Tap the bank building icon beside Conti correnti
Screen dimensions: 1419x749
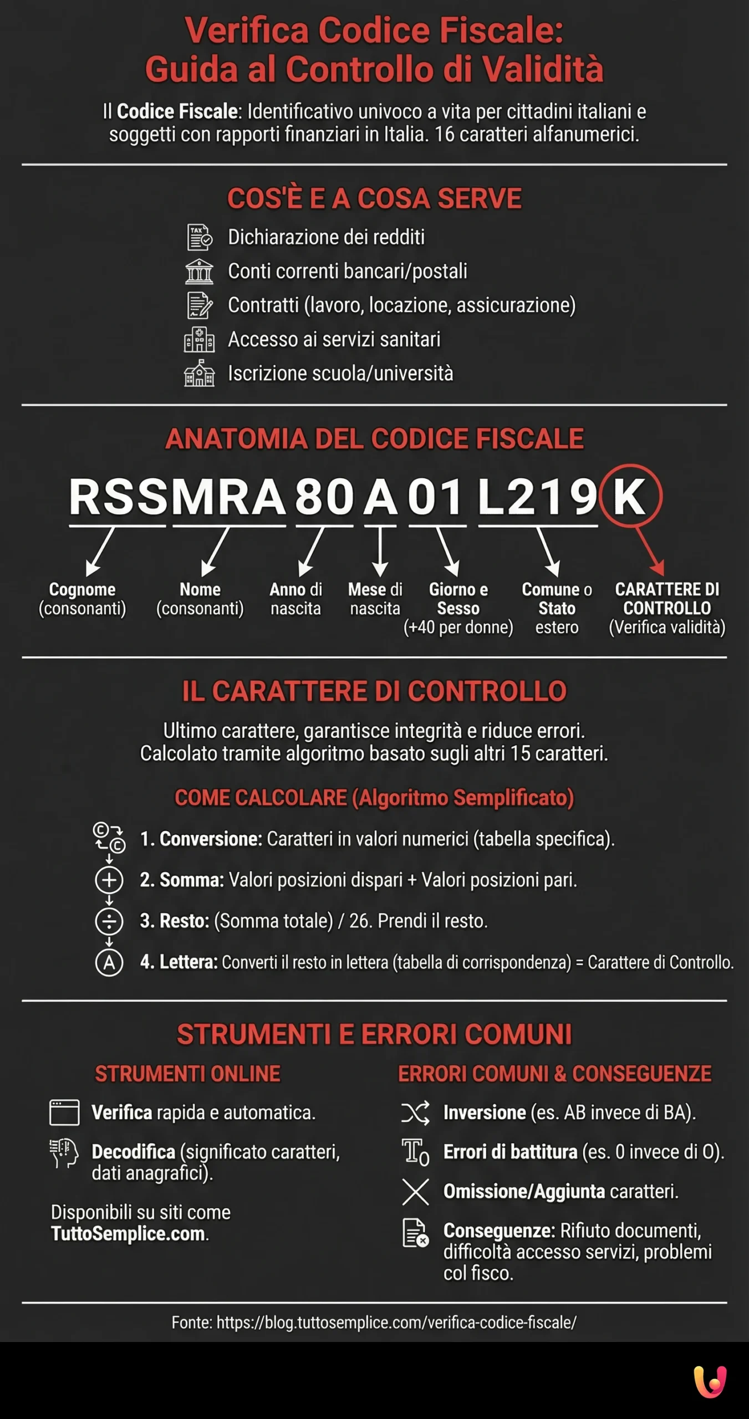pyautogui.click(x=199, y=272)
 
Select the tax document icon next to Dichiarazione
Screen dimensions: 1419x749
pyautogui.click(x=200, y=237)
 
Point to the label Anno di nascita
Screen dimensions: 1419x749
pyautogui.click(x=295, y=599)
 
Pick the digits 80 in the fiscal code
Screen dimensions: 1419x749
pyautogui.click(x=324, y=497)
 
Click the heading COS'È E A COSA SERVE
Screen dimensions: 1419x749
pyautogui.click(x=374, y=198)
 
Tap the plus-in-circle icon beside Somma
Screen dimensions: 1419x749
pyautogui.click(x=109, y=880)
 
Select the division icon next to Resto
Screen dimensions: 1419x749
pyautogui.click(x=109, y=921)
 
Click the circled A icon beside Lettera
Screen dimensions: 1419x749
pyautogui.click(x=109, y=962)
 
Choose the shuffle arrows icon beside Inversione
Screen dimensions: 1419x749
pyautogui.click(x=415, y=1112)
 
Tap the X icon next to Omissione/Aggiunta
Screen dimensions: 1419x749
pyautogui.click(x=415, y=1192)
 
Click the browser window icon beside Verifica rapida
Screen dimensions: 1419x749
pyautogui.click(x=64, y=1112)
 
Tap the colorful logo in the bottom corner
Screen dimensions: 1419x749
pyautogui.click(x=710, y=1381)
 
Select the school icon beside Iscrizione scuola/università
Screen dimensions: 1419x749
pyautogui.click(x=199, y=373)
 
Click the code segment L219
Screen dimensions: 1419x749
pyautogui.click(x=537, y=497)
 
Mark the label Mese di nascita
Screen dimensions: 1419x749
pyautogui.click(x=375, y=599)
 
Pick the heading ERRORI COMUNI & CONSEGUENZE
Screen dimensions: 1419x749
pyautogui.click(x=554, y=1074)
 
